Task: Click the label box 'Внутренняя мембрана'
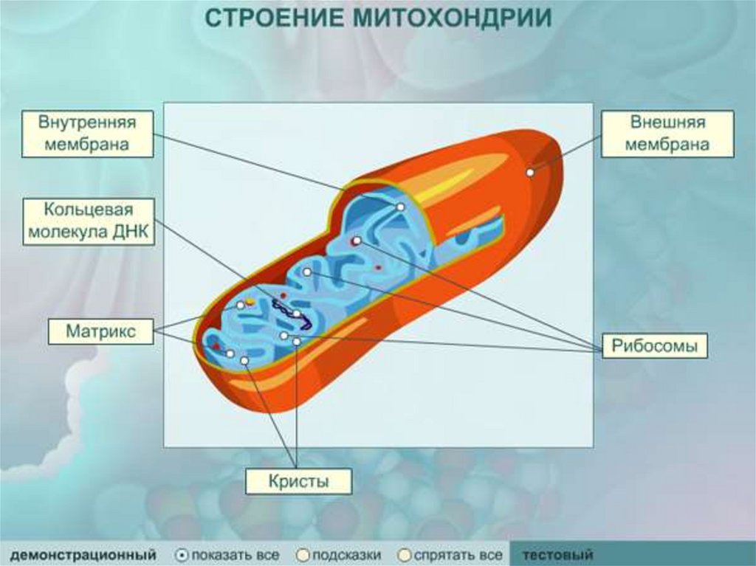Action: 87,133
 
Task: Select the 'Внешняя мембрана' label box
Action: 667,133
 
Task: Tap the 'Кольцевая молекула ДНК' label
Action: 89,221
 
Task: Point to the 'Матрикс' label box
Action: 101,331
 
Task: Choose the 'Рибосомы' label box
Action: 655,346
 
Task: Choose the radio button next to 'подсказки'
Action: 303,554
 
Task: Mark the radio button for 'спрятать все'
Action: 404,554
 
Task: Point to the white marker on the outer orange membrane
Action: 530,172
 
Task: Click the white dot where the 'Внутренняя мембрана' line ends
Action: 399,207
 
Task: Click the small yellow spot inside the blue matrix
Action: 250,301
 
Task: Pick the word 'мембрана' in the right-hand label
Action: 667,145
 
